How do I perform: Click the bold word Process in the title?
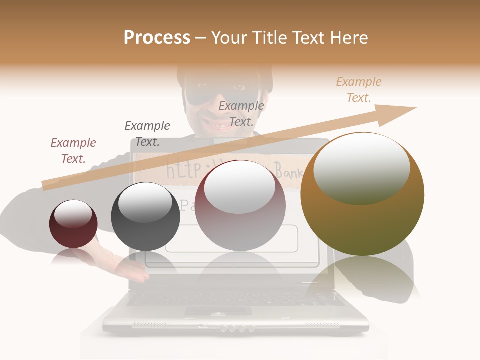pos(157,38)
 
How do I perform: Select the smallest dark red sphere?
pos(73,224)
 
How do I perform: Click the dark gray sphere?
pos(145,217)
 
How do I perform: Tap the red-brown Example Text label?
pos(73,150)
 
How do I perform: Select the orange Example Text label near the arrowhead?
pos(359,90)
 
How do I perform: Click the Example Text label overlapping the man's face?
pos(241,113)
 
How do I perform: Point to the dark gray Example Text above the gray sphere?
pos(147,133)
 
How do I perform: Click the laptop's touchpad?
pos(218,311)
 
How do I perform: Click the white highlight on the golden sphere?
pos(361,167)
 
